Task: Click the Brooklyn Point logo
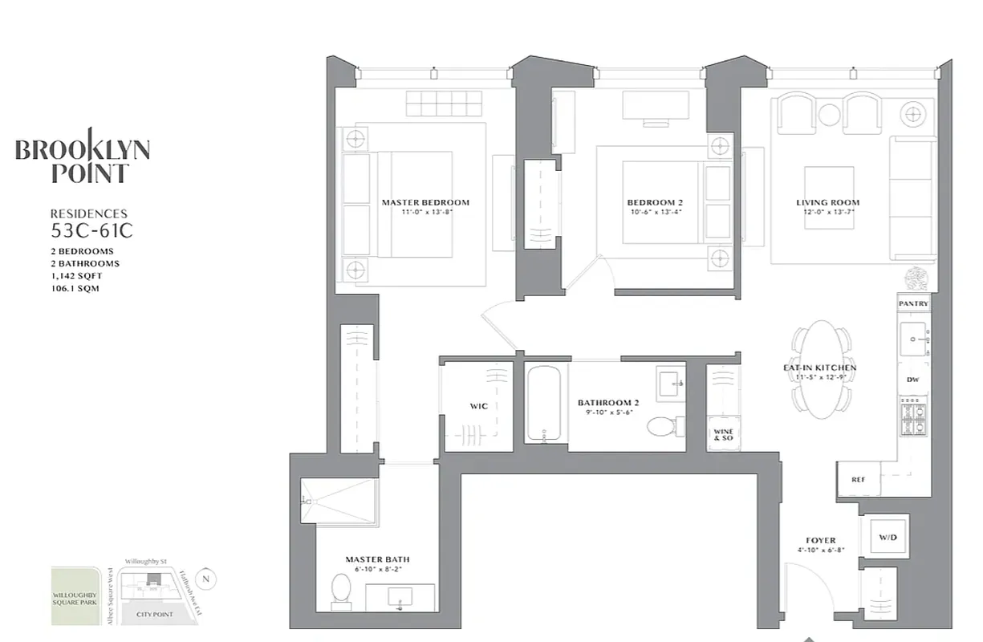(83, 160)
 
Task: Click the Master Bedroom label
(425, 203)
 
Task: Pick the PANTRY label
(913, 304)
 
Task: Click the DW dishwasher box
(913, 380)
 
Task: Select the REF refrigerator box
(858, 479)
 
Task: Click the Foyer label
(821, 541)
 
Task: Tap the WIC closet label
(478, 406)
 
